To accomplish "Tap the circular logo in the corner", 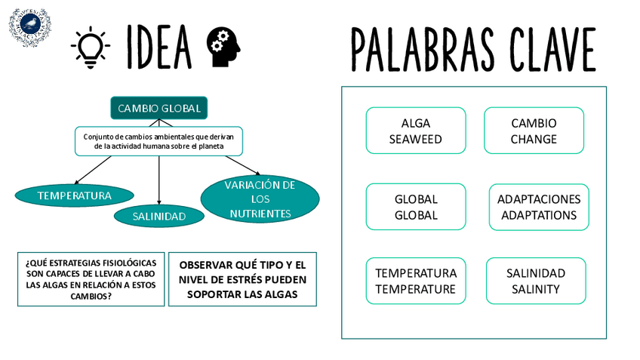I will coord(29,27).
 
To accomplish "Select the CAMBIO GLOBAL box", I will coord(158,108).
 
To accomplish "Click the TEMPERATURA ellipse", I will coord(74,195).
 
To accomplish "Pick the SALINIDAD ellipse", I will coord(158,217).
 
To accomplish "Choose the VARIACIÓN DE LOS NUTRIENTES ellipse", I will coord(260,199).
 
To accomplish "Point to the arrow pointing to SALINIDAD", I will coord(158,180).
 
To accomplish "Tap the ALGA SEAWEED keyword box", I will coord(415,131).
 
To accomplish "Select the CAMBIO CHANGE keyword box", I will coord(533,131).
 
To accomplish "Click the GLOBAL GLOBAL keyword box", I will coord(415,207).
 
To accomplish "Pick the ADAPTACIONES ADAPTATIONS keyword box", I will coord(538,207).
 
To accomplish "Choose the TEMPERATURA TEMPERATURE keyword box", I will coord(415,281).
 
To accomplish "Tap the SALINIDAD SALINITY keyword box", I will coord(535,281).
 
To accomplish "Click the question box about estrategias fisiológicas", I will coord(91,279).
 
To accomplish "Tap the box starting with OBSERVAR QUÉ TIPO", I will coord(242,279).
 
